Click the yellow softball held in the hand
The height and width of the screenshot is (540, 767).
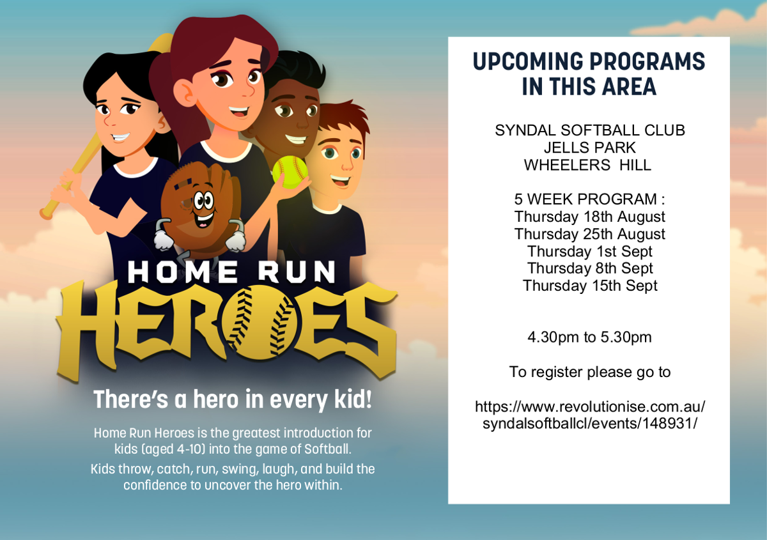(x=290, y=172)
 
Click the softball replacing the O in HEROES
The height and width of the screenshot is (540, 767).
(x=261, y=322)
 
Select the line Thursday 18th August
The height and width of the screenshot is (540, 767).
(x=589, y=217)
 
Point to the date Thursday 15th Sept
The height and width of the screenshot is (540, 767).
(x=590, y=286)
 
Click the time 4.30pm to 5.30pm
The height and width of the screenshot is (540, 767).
(x=589, y=337)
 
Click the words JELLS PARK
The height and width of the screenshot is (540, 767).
(x=589, y=148)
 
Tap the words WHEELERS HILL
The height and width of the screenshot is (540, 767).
(x=587, y=165)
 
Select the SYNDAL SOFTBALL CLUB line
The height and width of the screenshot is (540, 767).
(x=589, y=130)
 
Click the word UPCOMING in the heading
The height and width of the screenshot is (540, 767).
(x=528, y=61)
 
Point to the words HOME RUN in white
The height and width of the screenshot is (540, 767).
(x=231, y=272)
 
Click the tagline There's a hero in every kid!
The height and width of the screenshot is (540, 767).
(x=233, y=399)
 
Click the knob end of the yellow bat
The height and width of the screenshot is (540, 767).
(x=46, y=213)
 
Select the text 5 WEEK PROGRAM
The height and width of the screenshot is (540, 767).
(x=585, y=199)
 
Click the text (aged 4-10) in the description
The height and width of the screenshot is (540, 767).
(x=174, y=449)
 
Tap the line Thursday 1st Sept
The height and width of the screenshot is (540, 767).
(x=589, y=251)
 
